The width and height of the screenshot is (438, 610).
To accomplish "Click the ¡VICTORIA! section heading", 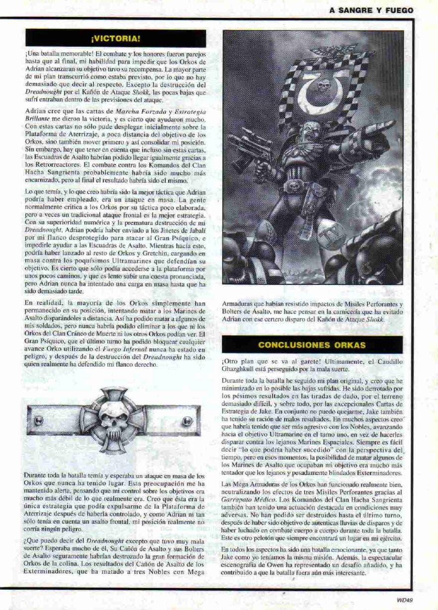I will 116,38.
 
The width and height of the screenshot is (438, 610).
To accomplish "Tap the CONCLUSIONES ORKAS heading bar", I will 312,344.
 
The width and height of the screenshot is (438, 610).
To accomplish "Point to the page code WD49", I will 405,600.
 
